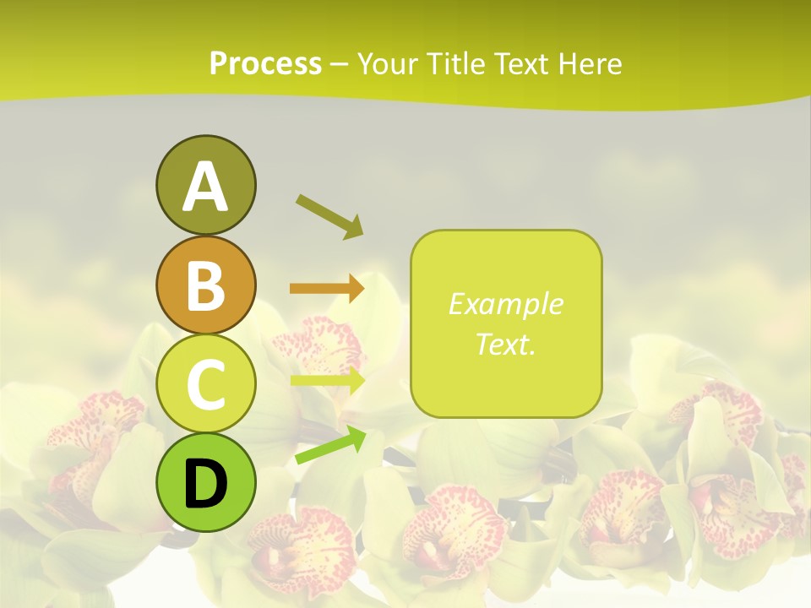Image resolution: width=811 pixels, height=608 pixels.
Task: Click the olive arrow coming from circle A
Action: tap(330, 215)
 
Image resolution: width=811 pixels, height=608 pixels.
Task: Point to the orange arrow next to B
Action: tap(327, 289)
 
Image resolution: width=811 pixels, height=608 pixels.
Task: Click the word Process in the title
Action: tap(265, 64)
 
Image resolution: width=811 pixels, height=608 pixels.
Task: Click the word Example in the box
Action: tap(505, 304)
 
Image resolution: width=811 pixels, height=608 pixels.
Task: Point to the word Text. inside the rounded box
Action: tap(505, 345)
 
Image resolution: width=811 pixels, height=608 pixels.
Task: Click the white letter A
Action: tap(206, 187)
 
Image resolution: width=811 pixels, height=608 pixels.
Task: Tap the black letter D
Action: tap(206, 483)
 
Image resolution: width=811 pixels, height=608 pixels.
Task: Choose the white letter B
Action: tap(206, 285)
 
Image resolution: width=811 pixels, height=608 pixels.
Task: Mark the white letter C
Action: tap(206, 385)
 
